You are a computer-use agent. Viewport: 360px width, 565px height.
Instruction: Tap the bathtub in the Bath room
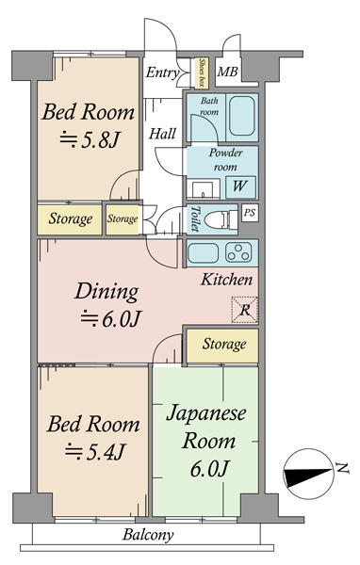click(x=242, y=116)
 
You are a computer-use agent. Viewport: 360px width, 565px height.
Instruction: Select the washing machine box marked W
click(x=240, y=186)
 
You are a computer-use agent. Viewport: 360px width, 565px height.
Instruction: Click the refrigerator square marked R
click(x=245, y=310)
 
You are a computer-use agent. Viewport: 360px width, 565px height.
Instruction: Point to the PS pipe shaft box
click(x=250, y=213)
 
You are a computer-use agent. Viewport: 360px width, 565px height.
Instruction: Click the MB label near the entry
click(x=227, y=72)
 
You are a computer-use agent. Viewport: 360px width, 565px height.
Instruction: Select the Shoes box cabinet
click(x=202, y=73)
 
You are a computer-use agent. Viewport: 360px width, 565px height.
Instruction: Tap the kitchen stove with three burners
click(x=238, y=251)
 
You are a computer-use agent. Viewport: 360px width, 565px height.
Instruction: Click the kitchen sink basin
click(x=204, y=252)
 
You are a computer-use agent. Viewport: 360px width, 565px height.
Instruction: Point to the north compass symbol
click(x=308, y=474)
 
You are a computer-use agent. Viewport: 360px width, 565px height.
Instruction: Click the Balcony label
click(x=148, y=535)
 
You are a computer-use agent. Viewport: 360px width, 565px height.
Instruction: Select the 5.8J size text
click(x=90, y=139)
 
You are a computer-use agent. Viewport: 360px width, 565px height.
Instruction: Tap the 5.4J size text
click(x=94, y=451)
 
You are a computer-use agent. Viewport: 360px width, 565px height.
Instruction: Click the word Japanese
click(x=206, y=413)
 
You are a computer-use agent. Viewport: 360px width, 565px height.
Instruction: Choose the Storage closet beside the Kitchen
click(x=222, y=346)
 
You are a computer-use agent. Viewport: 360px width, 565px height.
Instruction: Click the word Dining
click(x=106, y=292)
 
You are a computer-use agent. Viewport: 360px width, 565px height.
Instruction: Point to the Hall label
click(x=163, y=134)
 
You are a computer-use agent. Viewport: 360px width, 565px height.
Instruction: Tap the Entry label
click(x=162, y=73)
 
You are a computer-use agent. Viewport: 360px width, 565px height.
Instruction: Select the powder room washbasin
click(x=203, y=189)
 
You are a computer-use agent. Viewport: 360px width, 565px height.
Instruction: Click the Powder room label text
click(x=225, y=160)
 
